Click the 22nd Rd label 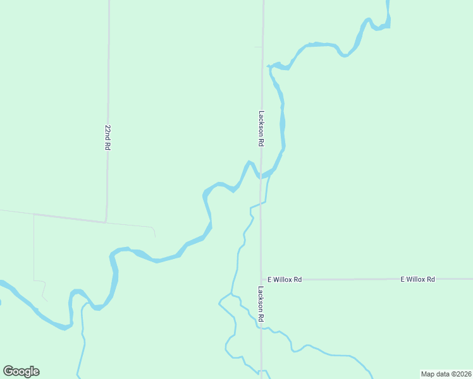click(x=107, y=136)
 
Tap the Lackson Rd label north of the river click(x=261, y=129)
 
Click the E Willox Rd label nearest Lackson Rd click(x=285, y=279)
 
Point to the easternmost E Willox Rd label click(x=418, y=279)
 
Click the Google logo click(x=21, y=371)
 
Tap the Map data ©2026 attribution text click(x=446, y=373)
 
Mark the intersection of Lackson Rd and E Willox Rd click(x=261, y=279)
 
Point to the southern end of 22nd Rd click(x=106, y=222)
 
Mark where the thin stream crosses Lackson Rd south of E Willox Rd click(x=261, y=327)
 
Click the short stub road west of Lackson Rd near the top click(x=257, y=47)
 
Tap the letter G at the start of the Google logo click(x=9, y=371)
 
